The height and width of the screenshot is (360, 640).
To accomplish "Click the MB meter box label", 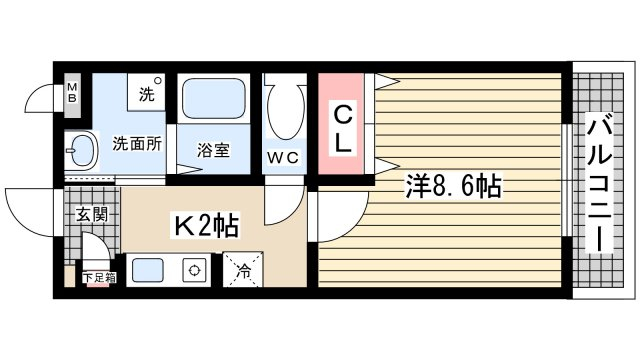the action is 72,93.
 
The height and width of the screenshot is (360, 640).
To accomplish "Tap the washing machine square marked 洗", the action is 146,92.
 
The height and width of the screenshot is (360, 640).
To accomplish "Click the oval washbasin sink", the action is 84,150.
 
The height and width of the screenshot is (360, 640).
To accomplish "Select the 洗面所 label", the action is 137,144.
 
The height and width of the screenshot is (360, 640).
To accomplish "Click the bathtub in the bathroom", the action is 213,98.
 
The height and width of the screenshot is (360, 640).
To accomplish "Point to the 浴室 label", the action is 213,150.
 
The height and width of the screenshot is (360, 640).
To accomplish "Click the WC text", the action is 284,158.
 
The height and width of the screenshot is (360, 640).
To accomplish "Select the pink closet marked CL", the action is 341,124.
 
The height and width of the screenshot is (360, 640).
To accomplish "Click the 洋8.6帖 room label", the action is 453,186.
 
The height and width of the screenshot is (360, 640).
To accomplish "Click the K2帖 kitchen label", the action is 206,225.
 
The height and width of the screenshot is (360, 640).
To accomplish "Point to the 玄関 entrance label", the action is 92,214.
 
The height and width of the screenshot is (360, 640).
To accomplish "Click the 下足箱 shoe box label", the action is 99,278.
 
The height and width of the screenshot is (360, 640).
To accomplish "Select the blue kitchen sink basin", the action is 148,270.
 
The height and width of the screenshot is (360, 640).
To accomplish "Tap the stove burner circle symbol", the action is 194,270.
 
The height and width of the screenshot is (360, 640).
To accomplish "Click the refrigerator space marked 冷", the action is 243,270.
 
